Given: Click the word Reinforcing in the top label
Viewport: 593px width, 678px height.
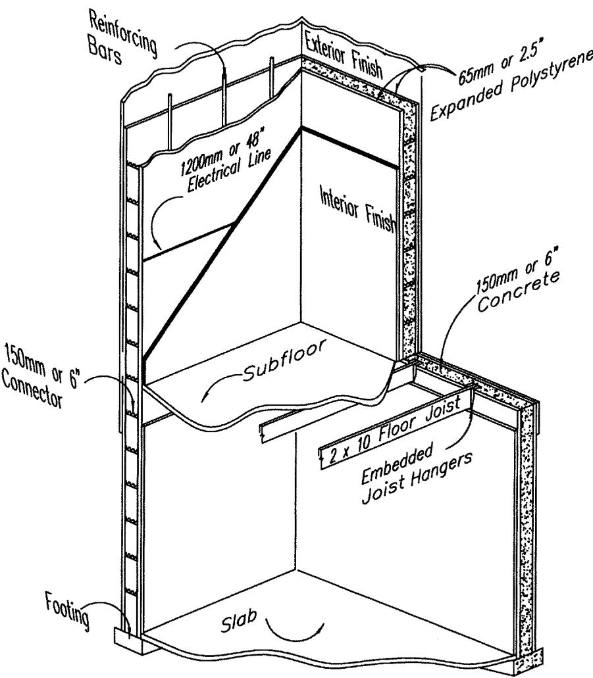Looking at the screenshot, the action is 123,34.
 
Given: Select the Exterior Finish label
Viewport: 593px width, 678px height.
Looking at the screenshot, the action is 344,55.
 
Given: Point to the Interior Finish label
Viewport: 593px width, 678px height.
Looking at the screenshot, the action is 358,209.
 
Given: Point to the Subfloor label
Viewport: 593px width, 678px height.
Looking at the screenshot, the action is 284,360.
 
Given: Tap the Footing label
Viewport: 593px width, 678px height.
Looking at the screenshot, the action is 68,610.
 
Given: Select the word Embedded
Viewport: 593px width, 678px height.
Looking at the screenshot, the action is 397,464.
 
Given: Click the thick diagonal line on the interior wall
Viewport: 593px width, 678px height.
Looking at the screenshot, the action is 222,243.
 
